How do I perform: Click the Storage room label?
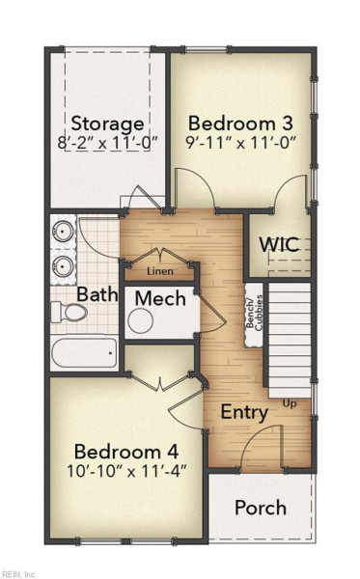tap(107, 124)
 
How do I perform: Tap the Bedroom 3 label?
tap(240, 123)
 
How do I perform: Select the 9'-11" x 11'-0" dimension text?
tap(241, 142)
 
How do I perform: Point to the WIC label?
tap(279, 244)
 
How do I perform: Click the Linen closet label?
tap(160, 271)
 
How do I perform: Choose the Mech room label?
tap(160, 298)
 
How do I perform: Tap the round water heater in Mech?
tap(141, 320)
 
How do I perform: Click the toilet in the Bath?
tap(69, 313)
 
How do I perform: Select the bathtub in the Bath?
tap(85, 352)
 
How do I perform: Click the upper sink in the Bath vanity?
tap(63, 232)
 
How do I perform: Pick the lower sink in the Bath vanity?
tap(63, 265)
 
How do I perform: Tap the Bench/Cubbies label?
tap(255, 313)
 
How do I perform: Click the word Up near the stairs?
tap(290, 403)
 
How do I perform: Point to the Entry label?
tap(244, 412)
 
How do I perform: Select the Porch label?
tap(261, 508)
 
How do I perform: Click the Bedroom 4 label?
tap(126, 452)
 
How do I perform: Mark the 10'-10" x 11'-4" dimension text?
tap(126, 471)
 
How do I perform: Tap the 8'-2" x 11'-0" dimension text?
tap(108, 143)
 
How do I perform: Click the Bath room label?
tap(97, 294)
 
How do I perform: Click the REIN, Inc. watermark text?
tap(18, 574)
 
